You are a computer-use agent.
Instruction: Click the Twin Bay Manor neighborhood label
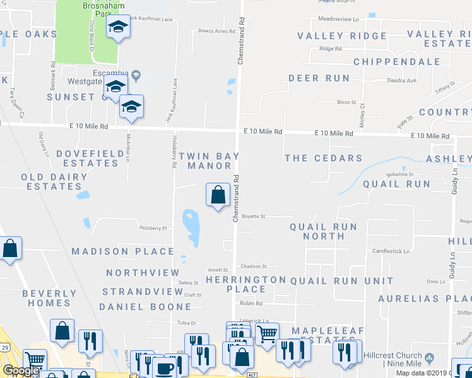pos(209,161)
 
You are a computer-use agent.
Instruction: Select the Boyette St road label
pos(254,216)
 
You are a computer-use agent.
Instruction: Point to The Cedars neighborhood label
pos(323,158)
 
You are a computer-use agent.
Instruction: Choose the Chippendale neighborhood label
pos(396,62)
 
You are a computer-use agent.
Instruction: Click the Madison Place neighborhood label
pos(122,251)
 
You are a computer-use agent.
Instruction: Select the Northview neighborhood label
pos(143,273)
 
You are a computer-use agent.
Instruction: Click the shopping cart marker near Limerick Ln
pos(268,334)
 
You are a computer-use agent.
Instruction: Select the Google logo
pos(21,370)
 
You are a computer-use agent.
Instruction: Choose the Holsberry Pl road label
pos(154,228)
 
